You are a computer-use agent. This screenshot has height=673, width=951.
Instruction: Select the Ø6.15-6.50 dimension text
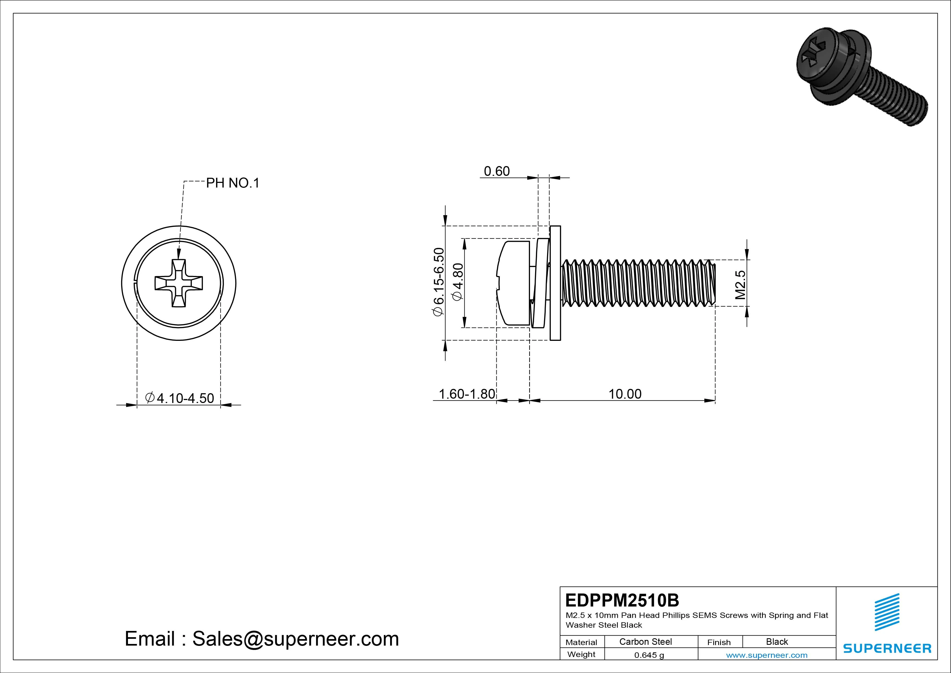tap(438, 282)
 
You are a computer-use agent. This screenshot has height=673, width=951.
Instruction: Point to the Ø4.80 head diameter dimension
tap(458, 282)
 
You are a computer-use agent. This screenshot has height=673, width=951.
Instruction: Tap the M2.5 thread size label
tap(740, 285)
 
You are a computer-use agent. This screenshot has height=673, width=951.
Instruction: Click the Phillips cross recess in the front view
tap(179, 283)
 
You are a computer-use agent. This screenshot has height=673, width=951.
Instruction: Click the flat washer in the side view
tap(555, 283)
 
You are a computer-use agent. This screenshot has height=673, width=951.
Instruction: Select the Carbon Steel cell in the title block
tap(645, 642)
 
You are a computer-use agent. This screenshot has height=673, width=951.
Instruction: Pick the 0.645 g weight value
tap(649, 655)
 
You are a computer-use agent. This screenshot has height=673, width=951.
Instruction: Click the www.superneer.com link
tap(766, 655)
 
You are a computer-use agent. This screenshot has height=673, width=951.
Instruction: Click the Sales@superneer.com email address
tap(295, 639)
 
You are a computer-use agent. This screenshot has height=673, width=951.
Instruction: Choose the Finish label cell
tap(719, 642)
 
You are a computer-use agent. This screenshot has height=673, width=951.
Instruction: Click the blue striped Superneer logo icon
tap(886, 612)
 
